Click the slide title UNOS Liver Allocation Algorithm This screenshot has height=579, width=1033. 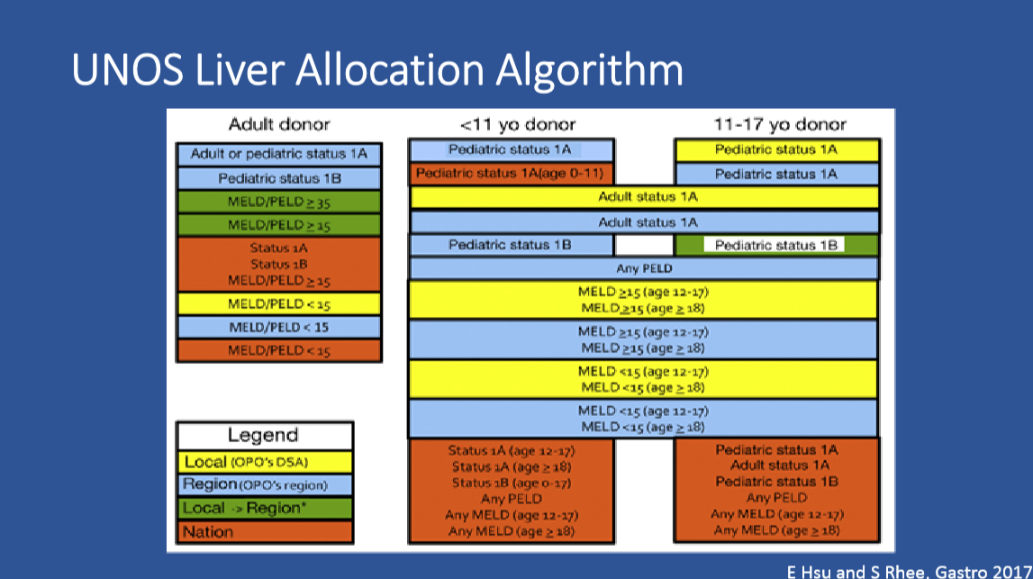coord(377,70)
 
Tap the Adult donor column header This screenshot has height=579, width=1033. coord(279,124)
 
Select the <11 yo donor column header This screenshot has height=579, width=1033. coord(518,124)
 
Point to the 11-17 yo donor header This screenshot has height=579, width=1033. coord(780,124)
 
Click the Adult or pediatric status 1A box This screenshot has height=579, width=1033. coord(278,154)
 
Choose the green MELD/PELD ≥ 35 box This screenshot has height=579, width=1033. coord(278,202)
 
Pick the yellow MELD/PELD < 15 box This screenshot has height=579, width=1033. coord(278,303)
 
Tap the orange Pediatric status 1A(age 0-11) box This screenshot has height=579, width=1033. coord(512,174)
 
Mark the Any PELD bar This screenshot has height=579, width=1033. coord(644,268)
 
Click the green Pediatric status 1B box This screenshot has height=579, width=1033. coord(777,245)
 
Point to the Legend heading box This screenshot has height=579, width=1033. coord(265,436)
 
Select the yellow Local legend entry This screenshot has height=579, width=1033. coord(265,462)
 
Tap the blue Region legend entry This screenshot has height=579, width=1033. coord(265,484)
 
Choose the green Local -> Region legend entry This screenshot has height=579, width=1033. coord(265,509)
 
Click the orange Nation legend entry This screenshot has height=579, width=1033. coord(265,531)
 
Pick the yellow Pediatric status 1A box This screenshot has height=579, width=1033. coord(777,150)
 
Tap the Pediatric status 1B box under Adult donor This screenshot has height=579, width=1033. coord(278,178)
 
